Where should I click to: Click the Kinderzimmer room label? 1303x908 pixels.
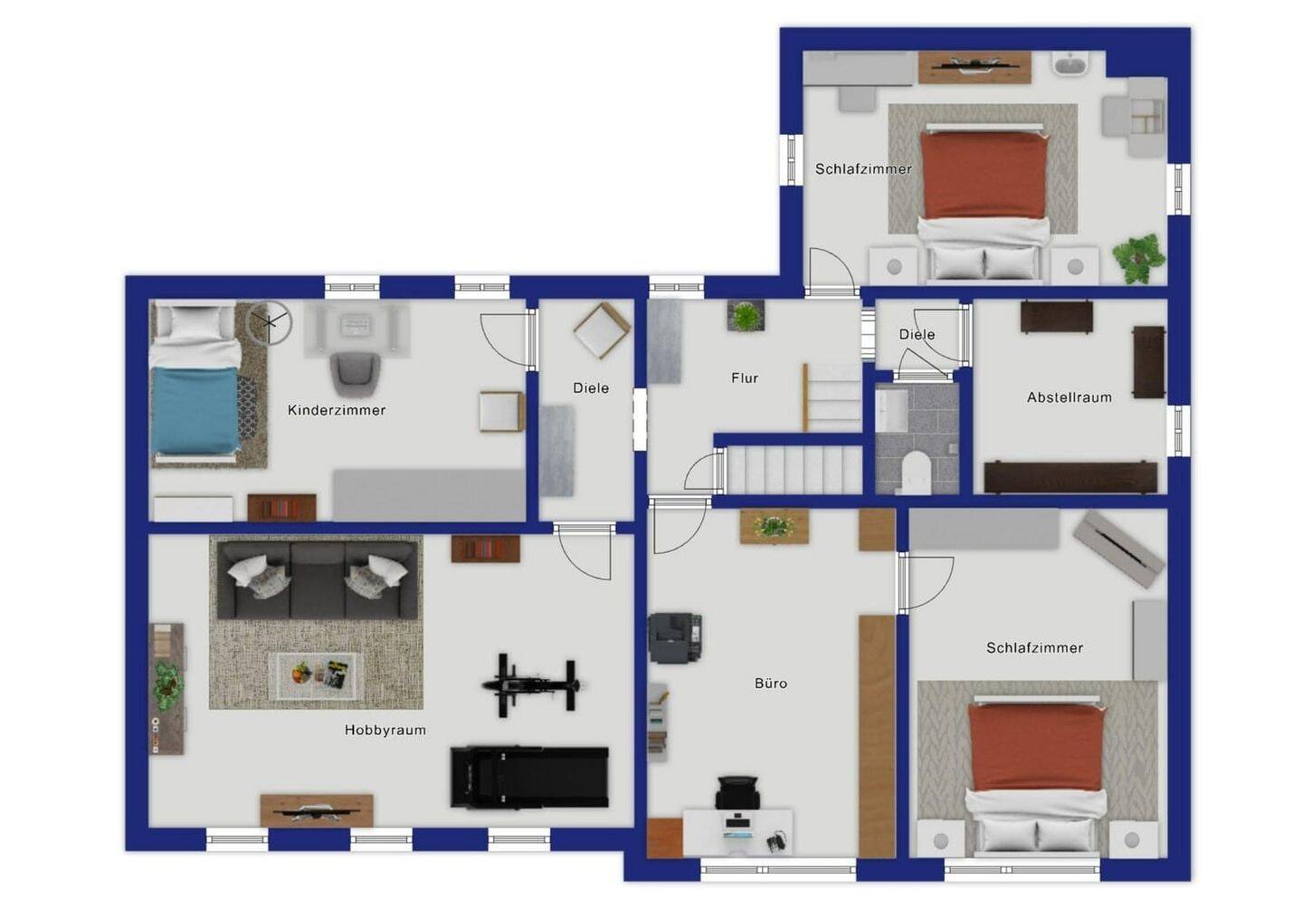click(x=337, y=410)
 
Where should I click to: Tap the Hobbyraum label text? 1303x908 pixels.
click(x=385, y=730)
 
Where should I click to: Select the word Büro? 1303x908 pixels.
click(x=771, y=683)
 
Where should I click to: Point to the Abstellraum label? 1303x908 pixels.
click(x=1070, y=397)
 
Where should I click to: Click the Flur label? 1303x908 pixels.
click(x=745, y=378)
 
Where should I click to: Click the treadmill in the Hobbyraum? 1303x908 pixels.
click(x=529, y=778)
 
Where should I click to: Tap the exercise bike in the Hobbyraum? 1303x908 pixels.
click(x=530, y=685)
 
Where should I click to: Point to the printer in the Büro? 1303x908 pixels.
click(x=676, y=637)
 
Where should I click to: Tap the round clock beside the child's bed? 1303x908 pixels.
click(x=270, y=322)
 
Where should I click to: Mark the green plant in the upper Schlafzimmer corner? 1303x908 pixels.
click(x=1138, y=258)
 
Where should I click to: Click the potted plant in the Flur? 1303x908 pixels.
click(x=746, y=315)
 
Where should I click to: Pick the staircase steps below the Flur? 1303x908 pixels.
click(x=794, y=471)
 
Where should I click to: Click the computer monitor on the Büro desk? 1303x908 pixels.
click(x=737, y=822)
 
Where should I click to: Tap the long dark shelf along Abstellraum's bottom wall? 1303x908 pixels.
click(x=1071, y=478)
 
